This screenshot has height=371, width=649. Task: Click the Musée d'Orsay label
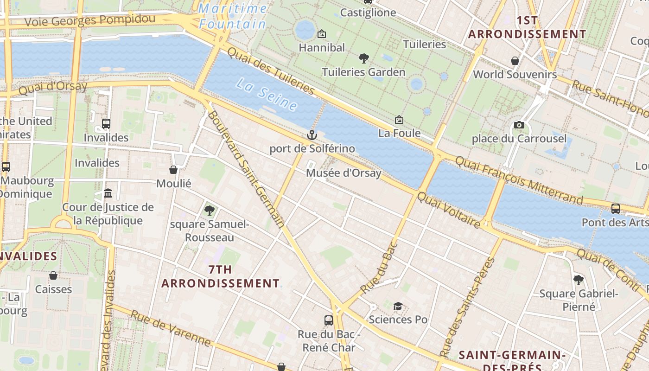tap(344, 173)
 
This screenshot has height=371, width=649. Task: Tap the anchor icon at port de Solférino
tap(312, 135)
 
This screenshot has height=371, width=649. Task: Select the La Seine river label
tap(266, 95)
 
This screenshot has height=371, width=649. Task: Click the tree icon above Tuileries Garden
tap(364, 58)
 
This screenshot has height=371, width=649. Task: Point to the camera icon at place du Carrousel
tap(519, 125)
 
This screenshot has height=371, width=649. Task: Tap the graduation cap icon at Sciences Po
tap(398, 306)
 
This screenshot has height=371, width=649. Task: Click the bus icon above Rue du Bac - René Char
tap(329, 320)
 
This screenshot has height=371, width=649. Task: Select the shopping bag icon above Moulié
tap(173, 170)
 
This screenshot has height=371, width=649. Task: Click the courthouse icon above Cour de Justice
tap(108, 193)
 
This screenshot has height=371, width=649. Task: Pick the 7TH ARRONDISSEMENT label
tap(220, 276)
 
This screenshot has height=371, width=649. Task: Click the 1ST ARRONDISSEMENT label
tap(527, 27)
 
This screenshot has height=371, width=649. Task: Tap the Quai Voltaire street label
tap(449, 210)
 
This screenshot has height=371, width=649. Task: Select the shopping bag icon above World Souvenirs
tap(515, 61)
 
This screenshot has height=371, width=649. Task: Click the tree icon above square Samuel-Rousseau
tap(209, 211)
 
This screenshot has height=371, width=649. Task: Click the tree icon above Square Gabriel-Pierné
tap(578, 280)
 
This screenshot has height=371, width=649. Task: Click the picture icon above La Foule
tap(399, 120)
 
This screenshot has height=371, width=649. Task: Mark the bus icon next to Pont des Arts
tap(616, 209)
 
